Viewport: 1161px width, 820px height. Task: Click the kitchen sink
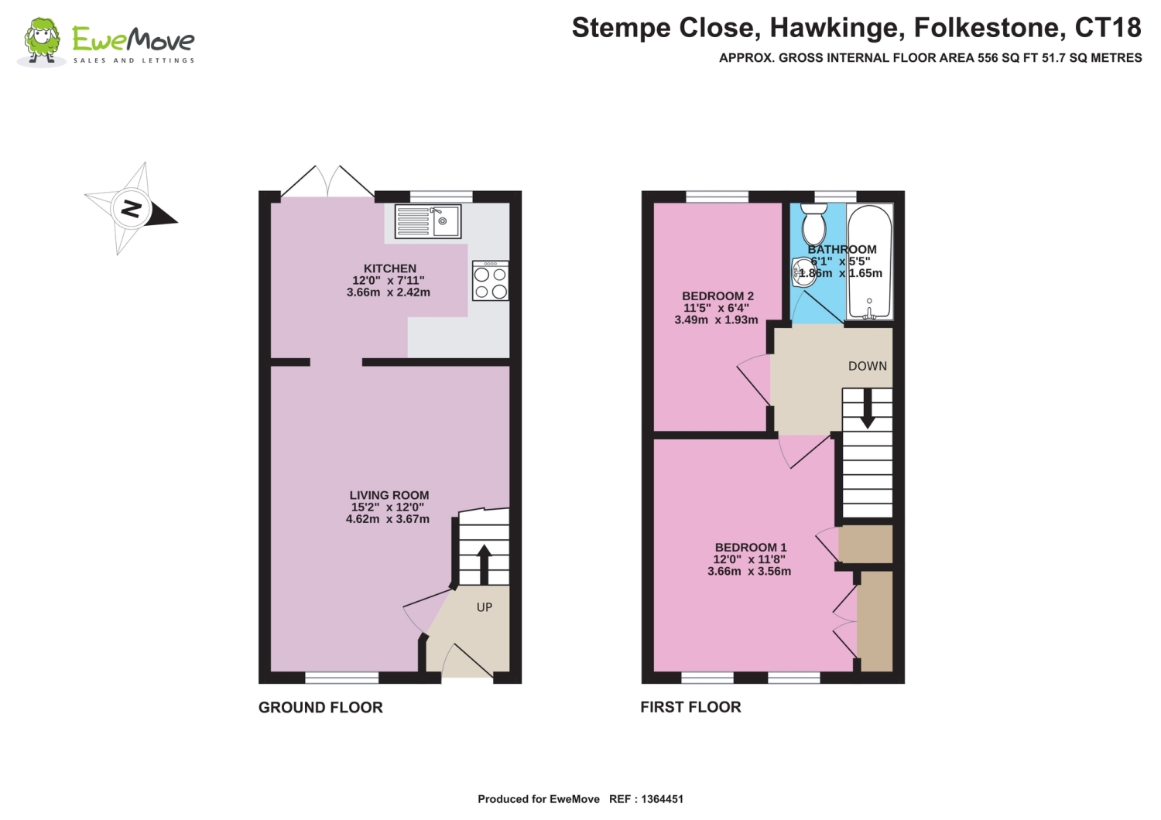(427, 221)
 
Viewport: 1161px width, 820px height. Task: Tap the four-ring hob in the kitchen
(490, 280)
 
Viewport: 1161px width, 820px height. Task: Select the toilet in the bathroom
(813, 224)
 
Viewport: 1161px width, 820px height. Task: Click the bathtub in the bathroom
(870, 261)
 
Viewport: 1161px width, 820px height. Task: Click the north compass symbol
(131, 209)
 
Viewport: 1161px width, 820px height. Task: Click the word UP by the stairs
(484, 607)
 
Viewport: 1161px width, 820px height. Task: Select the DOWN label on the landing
(867, 366)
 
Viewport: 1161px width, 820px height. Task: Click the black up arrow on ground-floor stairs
(484, 565)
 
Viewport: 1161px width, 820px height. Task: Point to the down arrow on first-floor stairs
(867, 408)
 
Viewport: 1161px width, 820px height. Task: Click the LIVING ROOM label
(389, 495)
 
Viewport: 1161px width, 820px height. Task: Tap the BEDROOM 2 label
(717, 296)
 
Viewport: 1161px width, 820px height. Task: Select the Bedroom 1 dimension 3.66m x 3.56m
(749, 572)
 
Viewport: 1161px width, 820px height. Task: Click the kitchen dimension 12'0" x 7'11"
(389, 280)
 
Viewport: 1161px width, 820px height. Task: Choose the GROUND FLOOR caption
(320, 708)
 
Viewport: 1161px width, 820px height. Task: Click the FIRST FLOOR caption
(690, 707)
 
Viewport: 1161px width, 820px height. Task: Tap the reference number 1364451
(662, 799)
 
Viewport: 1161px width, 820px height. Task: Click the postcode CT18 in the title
(1108, 27)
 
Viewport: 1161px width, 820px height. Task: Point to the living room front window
(341, 678)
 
